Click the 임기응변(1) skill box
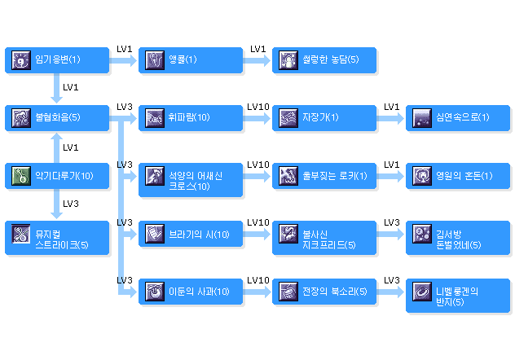[56, 59]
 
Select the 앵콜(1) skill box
[190, 59]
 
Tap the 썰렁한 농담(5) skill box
[324, 59]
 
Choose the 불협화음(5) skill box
[56, 117]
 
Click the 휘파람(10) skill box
[190, 117]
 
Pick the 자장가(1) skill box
[324, 117]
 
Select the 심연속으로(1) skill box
[458, 117]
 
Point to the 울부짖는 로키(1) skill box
[324, 175]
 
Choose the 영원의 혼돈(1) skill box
[458, 175]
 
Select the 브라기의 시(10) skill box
[190, 234]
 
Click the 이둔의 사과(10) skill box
[190, 291]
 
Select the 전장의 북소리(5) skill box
[324, 291]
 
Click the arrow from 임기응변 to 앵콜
[123, 59]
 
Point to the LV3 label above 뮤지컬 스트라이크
[71, 204]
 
